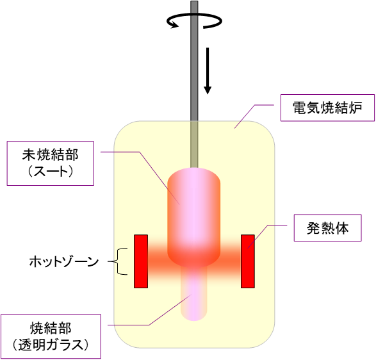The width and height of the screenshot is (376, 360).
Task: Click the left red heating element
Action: coord(141,261)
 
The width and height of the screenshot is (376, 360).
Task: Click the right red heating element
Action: coord(248,261)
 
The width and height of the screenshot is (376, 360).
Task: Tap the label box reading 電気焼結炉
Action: coord(327,108)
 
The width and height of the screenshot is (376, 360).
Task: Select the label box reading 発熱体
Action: coord(327,227)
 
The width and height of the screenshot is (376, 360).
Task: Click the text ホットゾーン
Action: coord(64,261)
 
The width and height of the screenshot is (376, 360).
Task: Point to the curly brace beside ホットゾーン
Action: coord(117,261)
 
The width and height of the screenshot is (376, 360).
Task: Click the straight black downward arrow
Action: coord(208,70)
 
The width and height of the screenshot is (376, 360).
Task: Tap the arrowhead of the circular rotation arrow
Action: coord(174,25)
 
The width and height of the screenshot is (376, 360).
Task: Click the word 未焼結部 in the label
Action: coord(51,154)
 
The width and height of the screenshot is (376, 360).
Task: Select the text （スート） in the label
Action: coord(51,172)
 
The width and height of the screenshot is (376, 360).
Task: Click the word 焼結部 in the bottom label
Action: coord(51,328)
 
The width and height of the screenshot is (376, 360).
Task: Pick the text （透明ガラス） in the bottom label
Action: coord(51,345)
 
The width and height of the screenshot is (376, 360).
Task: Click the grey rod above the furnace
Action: coord(194,61)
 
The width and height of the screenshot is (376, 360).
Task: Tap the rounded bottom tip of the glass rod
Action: coord(193,319)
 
